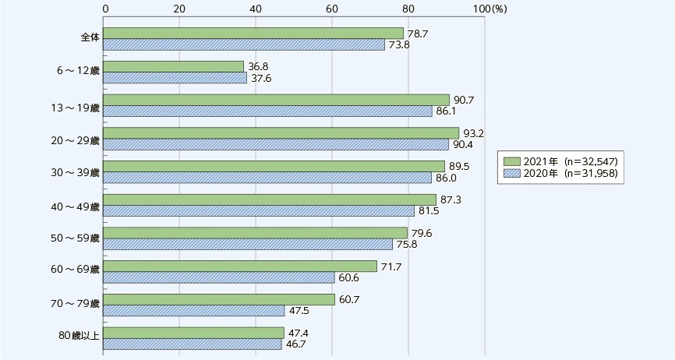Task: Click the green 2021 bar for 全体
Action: click(253, 33)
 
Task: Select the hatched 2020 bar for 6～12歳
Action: click(175, 78)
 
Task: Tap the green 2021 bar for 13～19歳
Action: click(276, 100)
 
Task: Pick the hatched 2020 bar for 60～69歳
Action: click(218, 278)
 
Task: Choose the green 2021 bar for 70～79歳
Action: click(219, 300)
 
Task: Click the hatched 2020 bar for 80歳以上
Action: click(193, 344)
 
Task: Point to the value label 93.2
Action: click(472, 132)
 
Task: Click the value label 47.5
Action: click(297, 311)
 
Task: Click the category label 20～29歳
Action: click(74, 139)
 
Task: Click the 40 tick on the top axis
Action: click(256, 8)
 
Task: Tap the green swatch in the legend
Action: click(512, 161)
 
